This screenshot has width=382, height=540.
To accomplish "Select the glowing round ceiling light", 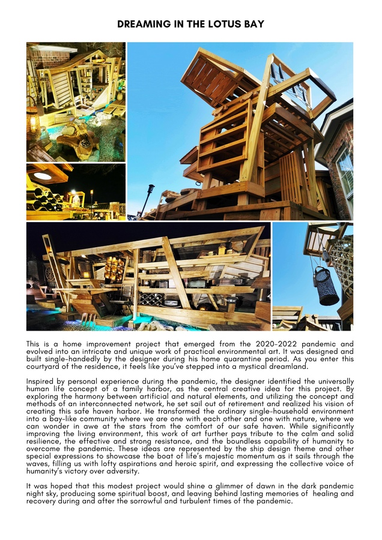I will tap(43, 176).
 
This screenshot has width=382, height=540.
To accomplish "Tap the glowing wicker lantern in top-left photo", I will tap(32, 122).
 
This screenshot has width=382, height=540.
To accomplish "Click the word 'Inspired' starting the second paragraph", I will tap(42, 381).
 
